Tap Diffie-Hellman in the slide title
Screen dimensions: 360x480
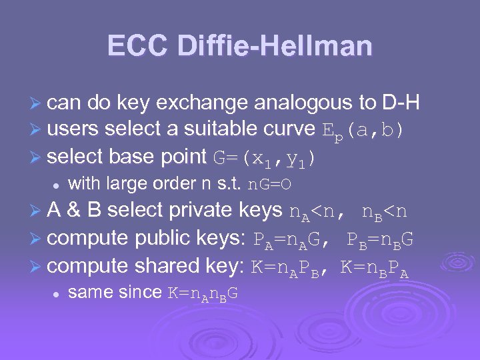pyautogui.click(x=275, y=46)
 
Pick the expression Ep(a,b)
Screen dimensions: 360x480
pyautogui.click(x=363, y=131)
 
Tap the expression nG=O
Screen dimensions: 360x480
pyautogui.click(x=270, y=183)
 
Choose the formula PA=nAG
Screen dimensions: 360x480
pyautogui.click(x=290, y=239)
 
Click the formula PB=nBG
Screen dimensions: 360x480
pyautogui.click(x=380, y=239)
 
